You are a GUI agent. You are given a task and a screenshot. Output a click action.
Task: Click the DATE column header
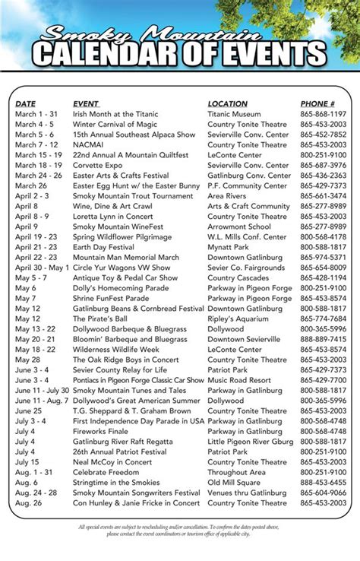pyautogui.click(x=25, y=104)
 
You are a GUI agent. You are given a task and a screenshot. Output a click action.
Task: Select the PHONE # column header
pyautogui.click(x=317, y=104)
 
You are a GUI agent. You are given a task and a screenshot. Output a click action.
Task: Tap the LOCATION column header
pyautogui.click(x=228, y=104)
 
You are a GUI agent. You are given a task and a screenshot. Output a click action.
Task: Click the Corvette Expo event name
pyautogui.click(x=98, y=165)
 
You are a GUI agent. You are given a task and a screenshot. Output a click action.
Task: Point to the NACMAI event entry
pyautogui.click(x=89, y=144)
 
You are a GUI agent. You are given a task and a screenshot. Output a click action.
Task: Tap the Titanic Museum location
pyautogui.click(x=234, y=114)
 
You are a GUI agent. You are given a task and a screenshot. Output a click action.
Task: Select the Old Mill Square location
pyautogui.click(x=235, y=482)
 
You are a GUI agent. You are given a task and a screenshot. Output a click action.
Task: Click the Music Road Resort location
pyautogui.click(x=239, y=380)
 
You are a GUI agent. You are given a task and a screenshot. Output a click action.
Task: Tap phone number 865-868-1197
pyautogui.click(x=323, y=114)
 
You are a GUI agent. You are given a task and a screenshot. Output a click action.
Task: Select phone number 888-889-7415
pyautogui.click(x=323, y=339)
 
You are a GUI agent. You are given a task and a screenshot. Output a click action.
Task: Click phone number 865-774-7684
pyautogui.click(x=323, y=319)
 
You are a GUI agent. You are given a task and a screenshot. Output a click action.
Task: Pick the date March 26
pyautogui.click(x=31, y=185)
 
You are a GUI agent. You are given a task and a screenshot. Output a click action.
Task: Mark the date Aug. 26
pyautogui.click(x=27, y=502)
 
